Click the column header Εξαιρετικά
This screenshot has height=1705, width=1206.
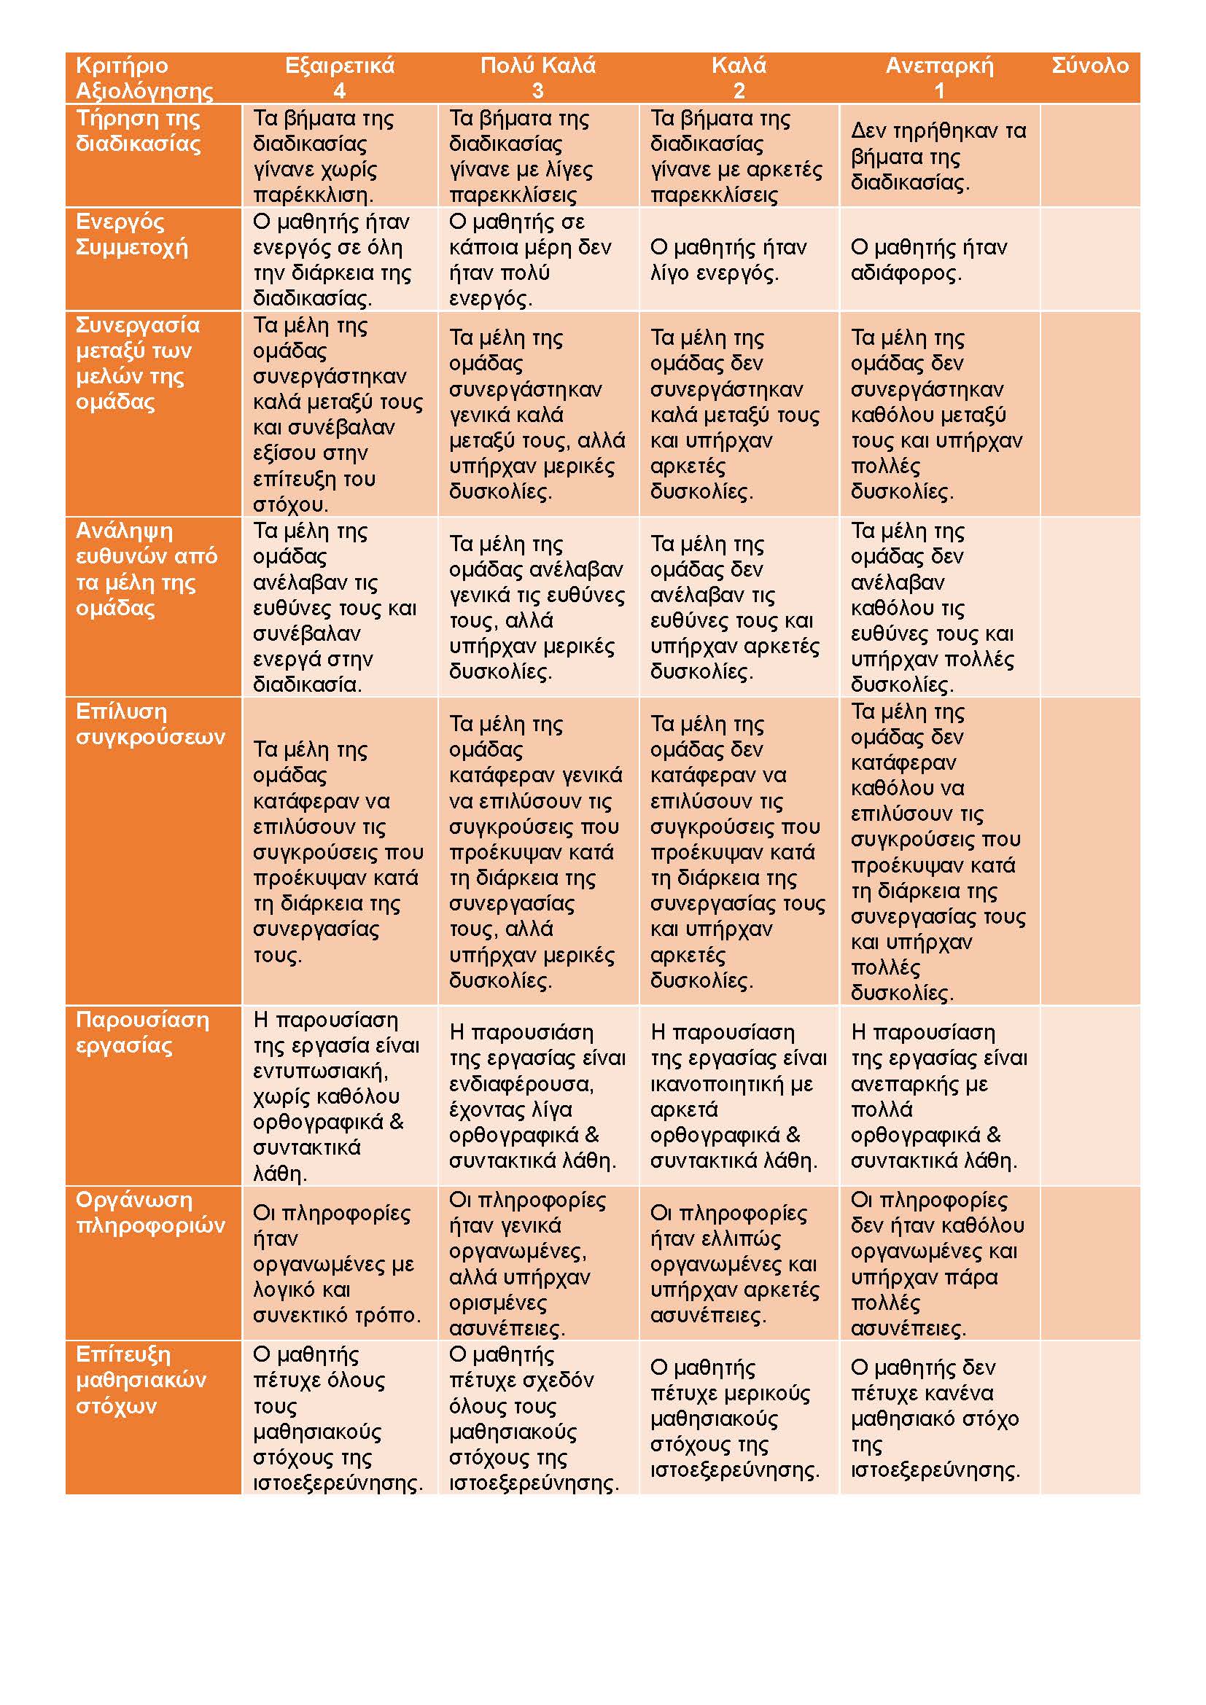coord(339,66)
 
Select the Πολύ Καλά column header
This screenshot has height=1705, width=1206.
coord(537,66)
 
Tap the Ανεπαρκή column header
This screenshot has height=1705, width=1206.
coord(939,66)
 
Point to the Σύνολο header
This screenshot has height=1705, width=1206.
coord(1090,66)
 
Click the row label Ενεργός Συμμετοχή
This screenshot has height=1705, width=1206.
coord(132,235)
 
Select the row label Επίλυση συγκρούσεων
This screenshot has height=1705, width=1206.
coord(150,724)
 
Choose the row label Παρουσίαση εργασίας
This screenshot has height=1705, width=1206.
coord(143,1032)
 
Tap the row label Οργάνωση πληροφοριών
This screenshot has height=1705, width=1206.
coord(150,1213)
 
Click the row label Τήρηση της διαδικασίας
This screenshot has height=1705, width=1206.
coord(138,131)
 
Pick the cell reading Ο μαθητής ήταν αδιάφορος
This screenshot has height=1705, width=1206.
coord(929,260)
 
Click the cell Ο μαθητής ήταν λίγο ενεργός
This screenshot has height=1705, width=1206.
coord(728,260)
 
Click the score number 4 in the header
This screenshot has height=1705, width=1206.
coord(339,90)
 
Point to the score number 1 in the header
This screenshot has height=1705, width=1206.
coord(938,90)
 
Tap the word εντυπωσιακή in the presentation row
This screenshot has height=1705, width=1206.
coord(321,1072)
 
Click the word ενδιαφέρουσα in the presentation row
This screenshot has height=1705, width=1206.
coord(521,1084)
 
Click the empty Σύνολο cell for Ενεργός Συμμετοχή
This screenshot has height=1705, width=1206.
coord(1090,260)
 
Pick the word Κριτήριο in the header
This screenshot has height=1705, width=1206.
coord(122,66)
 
